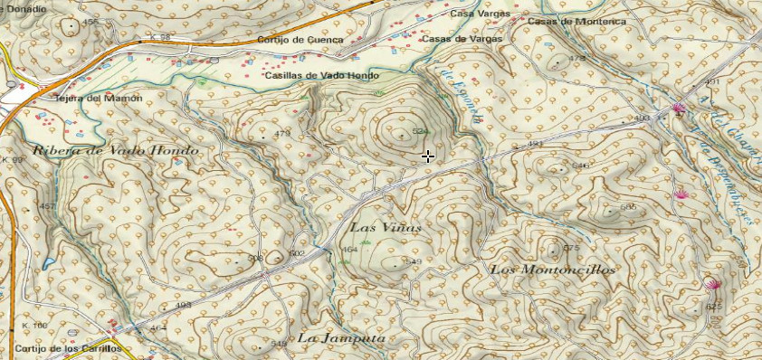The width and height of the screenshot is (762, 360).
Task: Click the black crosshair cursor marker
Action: pos(427,156)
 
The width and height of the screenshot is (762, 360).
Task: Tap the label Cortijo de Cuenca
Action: pos(299,40)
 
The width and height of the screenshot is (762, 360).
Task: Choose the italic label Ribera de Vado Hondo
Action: pos(115,150)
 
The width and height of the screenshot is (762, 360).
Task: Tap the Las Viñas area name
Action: pos(386,227)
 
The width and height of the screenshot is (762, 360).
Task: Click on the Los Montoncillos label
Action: pos(552,270)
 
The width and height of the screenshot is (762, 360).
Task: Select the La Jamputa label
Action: pos(342,338)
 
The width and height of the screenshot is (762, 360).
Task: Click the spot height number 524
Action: pos(420,132)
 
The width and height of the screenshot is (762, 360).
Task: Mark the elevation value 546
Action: pos(581,166)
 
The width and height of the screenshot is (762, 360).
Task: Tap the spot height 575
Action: pos(570,248)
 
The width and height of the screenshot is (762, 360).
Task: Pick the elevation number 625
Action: pos(714,308)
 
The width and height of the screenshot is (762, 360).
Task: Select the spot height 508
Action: pos(255,258)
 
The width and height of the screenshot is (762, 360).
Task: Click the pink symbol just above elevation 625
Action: pos(712,285)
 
